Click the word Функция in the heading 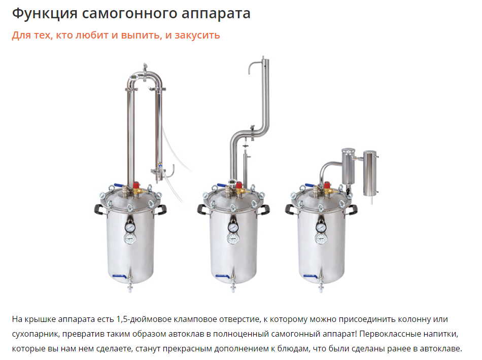coord(45,14)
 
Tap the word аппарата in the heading coord(216,14)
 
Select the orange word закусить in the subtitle coord(197,35)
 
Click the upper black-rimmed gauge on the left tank coord(130,227)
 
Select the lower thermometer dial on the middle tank coord(233,239)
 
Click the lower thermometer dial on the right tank coord(321,239)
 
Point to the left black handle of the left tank coord(99,209)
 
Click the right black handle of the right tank coord(352,210)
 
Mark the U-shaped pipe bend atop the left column coord(145,75)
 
